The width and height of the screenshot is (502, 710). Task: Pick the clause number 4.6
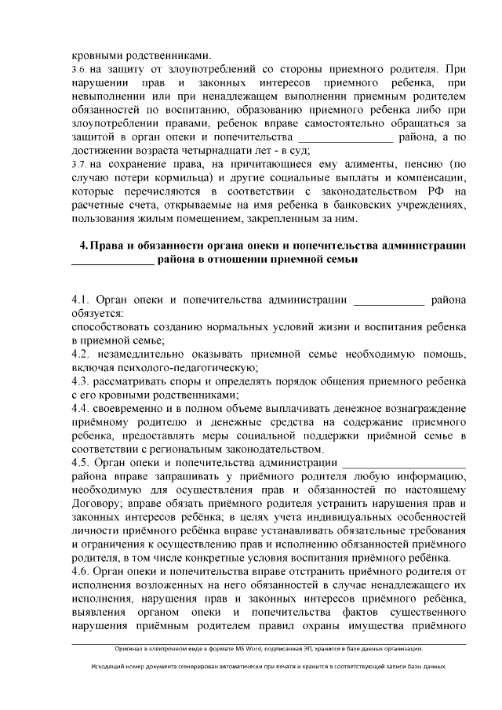(81, 570)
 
